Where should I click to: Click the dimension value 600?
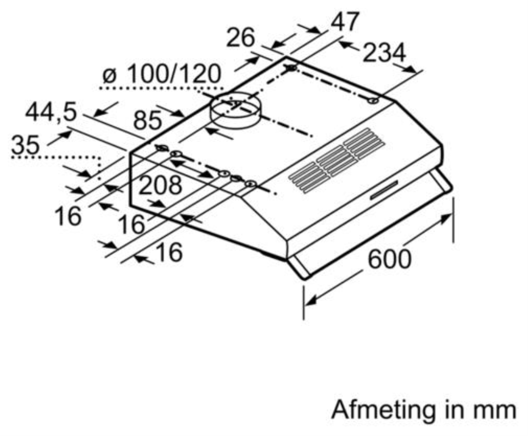pos(389,259)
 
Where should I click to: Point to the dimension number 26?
pos(240,38)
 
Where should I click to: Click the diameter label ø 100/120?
pos(162,74)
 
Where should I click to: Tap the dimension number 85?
pos(147,120)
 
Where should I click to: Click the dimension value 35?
pos(25,144)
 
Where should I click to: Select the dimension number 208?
pos(160,185)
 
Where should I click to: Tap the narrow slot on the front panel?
pos(384,190)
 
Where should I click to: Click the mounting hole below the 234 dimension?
pos(373,101)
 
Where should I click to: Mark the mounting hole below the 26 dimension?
pos(292,68)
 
